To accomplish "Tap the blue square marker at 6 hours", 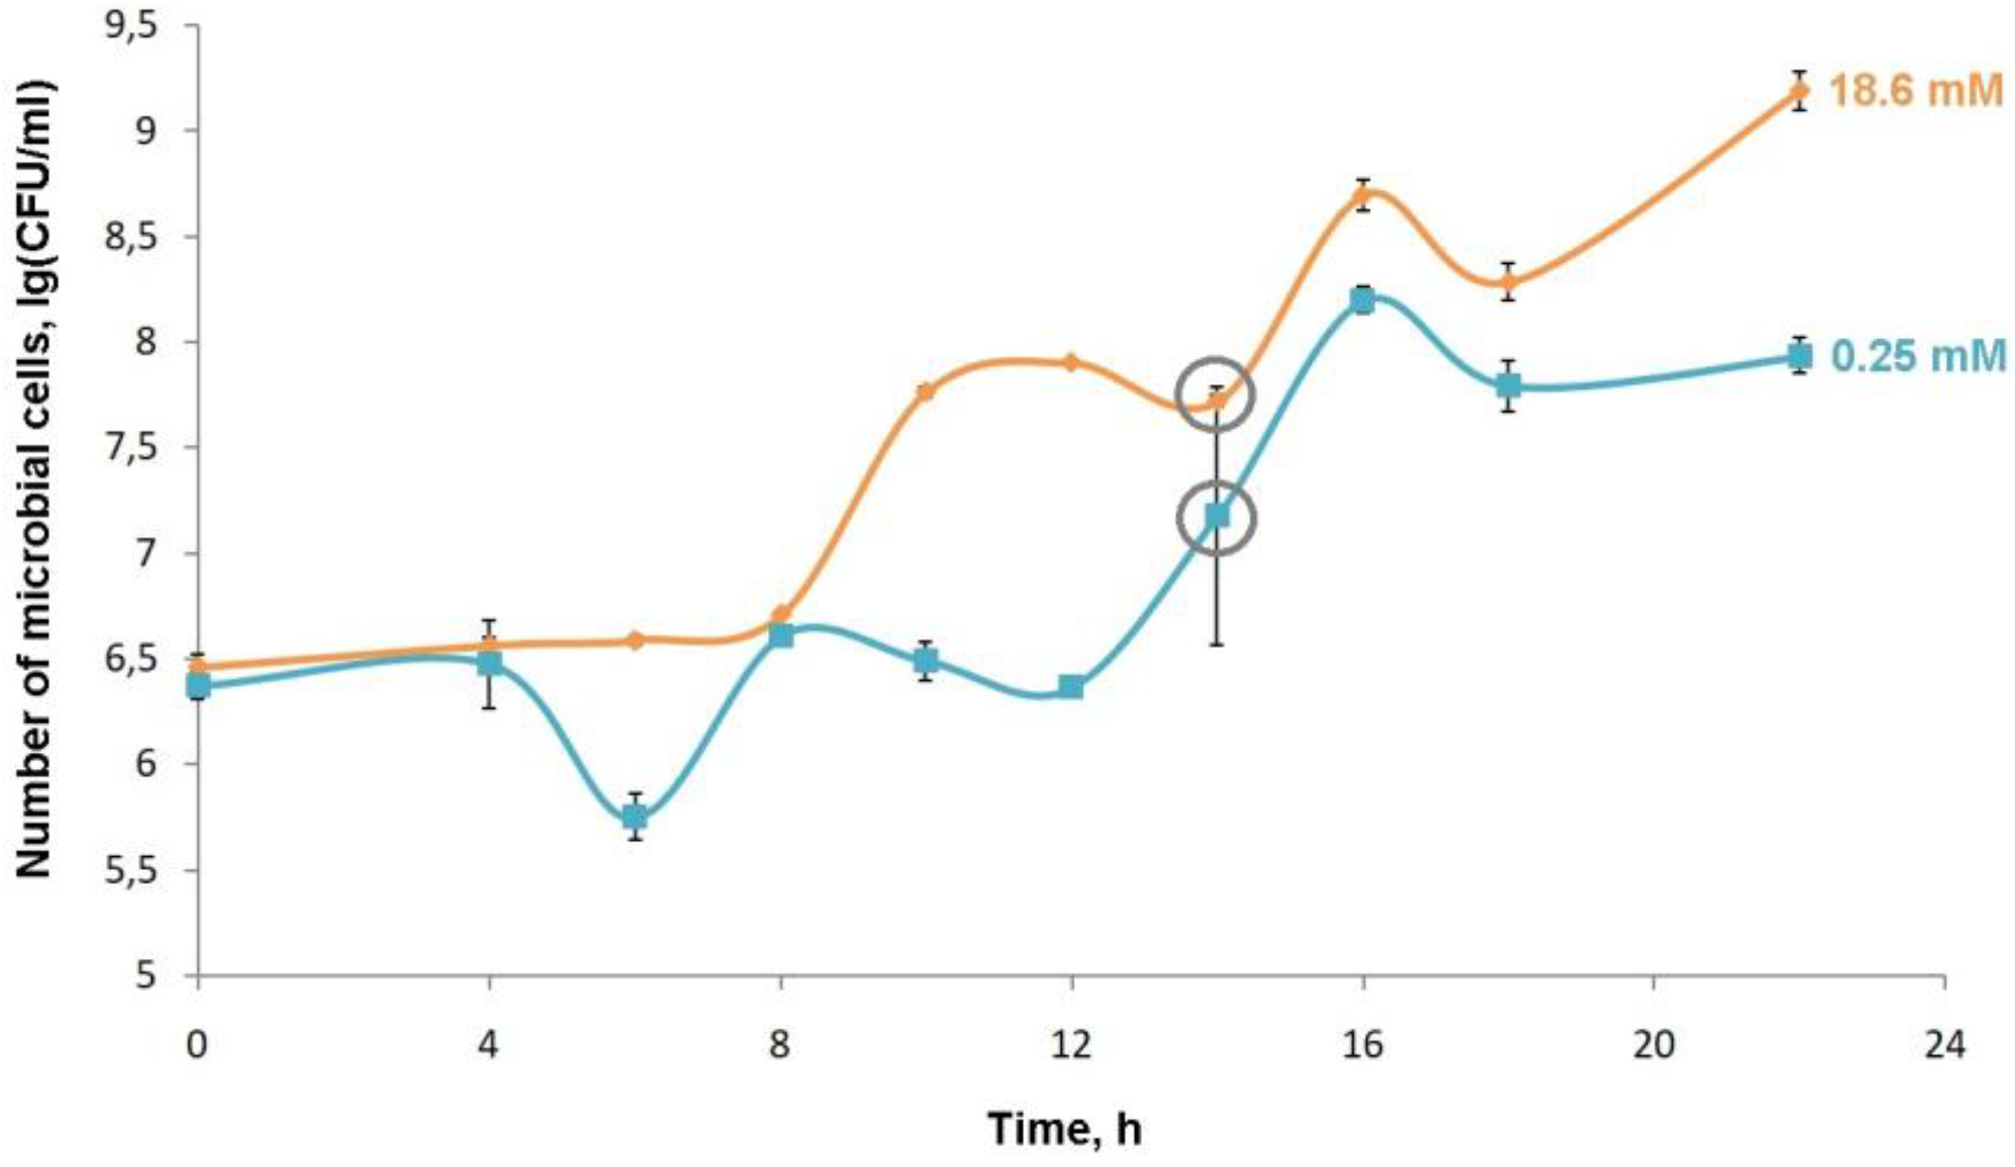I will coord(635,817).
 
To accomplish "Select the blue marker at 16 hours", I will coord(1363,302).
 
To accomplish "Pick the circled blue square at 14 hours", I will coord(1216,516).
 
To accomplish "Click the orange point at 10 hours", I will coord(926,391).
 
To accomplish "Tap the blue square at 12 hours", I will coord(1071,686).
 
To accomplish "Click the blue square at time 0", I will coord(198,686).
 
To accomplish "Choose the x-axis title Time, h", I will coord(1065,1128).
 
